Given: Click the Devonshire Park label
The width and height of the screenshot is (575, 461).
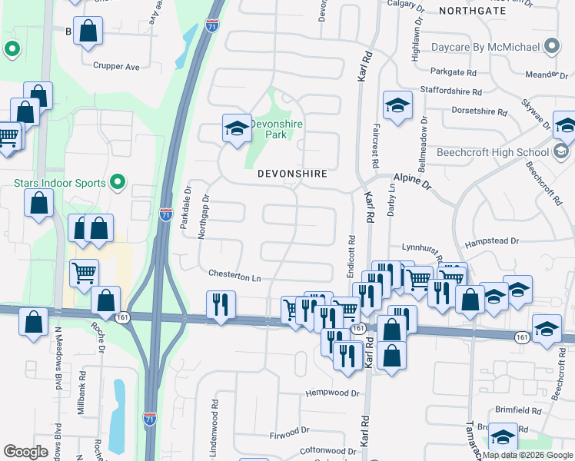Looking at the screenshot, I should (x=278, y=129).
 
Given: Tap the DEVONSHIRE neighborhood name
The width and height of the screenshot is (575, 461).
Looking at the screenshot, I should (x=292, y=174).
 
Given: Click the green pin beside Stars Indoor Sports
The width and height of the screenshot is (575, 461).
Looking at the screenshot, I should (x=117, y=182).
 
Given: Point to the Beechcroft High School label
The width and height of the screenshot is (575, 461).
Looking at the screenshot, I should (x=492, y=152).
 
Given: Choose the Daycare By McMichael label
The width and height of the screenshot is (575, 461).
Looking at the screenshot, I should (x=485, y=47).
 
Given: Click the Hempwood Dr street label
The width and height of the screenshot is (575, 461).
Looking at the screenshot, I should (x=332, y=393).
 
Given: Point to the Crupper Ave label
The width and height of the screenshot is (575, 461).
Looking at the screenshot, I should (x=116, y=66).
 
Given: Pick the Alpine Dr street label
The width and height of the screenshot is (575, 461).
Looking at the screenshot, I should (x=413, y=181).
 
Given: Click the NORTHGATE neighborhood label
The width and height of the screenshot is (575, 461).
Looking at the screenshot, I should (x=473, y=10).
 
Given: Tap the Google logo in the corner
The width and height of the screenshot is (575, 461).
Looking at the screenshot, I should (x=25, y=452).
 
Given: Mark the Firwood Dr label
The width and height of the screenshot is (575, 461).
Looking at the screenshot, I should (x=290, y=432).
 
